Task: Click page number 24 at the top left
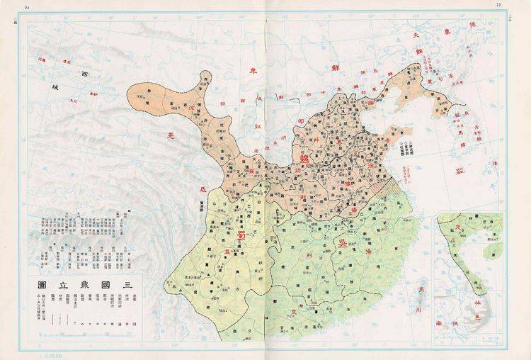tap(27, 6)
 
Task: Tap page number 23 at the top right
tap(498, 5)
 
